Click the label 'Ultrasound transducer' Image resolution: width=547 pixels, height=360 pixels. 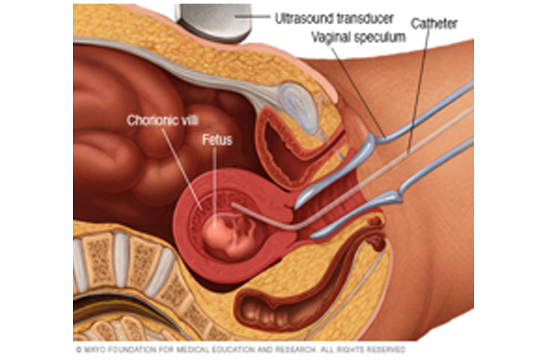pos(334,19)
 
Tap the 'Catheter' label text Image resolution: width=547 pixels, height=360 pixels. pos(434,24)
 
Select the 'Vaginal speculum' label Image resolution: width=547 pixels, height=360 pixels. pos(358,37)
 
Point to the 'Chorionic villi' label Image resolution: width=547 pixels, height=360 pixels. pos(163,120)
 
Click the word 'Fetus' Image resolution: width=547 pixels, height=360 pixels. pos(217,140)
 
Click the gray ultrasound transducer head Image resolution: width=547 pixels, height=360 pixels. pos(214,22)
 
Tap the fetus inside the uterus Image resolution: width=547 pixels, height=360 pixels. pos(230,236)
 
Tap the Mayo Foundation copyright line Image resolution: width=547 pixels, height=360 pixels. pos(241,349)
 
